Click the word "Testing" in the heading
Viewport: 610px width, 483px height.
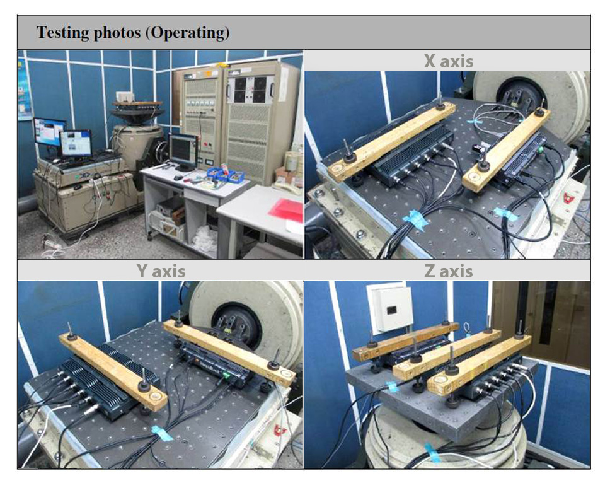[x=61, y=33]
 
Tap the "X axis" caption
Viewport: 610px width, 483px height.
[x=447, y=61]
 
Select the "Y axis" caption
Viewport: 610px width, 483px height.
[x=161, y=271]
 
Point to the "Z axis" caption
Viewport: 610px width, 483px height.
[x=447, y=271]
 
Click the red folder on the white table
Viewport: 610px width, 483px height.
[x=287, y=210]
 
